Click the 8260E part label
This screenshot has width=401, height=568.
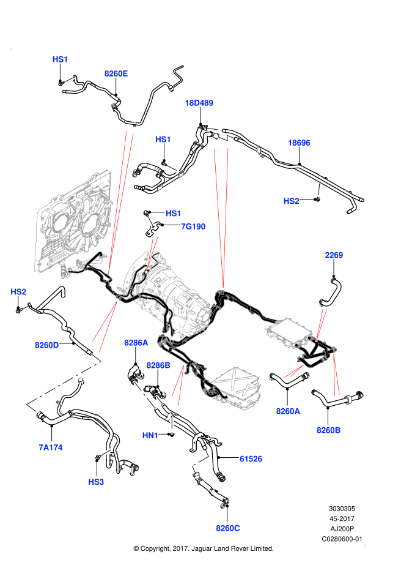[116, 73]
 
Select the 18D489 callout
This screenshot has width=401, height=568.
[199, 103]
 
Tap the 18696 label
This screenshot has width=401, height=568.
[299, 143]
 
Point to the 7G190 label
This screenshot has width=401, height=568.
[193, 226]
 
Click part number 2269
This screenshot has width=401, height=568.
[334, 255]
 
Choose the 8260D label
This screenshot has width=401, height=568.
[47, 345]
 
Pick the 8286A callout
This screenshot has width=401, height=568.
[136, 343]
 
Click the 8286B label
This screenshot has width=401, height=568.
[158, 365]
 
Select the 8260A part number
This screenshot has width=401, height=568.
[288, 411]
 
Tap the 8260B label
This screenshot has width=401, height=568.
[328, 430]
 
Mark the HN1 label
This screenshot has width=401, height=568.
[150, 435]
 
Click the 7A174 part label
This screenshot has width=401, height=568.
[51, 447]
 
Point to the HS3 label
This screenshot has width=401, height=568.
[96, 482]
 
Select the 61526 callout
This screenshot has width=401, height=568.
[251, 458]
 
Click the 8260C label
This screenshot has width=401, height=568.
[228, 528]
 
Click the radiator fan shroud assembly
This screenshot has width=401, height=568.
[73, 226]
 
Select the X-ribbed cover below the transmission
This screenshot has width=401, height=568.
[237, 387]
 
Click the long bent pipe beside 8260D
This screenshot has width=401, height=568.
[64, 383]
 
